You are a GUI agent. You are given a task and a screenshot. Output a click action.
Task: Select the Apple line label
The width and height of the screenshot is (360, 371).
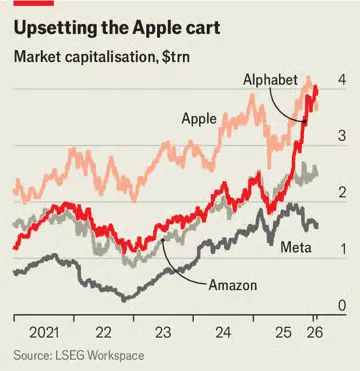coord(200,118)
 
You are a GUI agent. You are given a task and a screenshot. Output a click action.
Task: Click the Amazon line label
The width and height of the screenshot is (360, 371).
coord(233,286)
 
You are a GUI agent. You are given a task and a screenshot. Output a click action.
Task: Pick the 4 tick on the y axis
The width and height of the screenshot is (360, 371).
coord(342,79)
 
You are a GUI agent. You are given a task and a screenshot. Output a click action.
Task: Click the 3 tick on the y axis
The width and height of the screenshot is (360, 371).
coord(342,136)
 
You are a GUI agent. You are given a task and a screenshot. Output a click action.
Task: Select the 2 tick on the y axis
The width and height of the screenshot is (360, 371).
coord(342,192)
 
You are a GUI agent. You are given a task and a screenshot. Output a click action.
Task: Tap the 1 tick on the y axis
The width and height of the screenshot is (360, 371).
coord(342,249)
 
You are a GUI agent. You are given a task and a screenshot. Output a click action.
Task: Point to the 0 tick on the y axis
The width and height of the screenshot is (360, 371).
coord(342,305)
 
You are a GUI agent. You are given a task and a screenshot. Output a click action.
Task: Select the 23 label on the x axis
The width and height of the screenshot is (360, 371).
coord(163,332)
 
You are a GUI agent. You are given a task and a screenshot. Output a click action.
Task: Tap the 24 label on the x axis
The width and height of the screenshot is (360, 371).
coord(223,332)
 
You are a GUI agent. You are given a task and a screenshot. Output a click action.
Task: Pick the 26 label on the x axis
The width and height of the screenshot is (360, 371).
coord(315,332)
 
